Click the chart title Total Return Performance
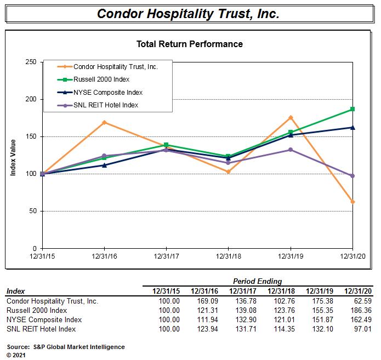(189, 44)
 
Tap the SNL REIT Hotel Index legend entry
(105, 105)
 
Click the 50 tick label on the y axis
(32, 211)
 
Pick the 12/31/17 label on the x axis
(166, 256)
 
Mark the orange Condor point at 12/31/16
(104, 122)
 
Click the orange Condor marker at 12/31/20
(352, 202)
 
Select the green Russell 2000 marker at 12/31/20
(352, 109)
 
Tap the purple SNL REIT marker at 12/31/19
(290, 150)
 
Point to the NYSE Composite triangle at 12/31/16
(104, 165)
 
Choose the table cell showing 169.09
(207, 301)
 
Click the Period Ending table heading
(258, 282)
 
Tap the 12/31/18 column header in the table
(282, 291)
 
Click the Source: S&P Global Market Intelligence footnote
(66, 347)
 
